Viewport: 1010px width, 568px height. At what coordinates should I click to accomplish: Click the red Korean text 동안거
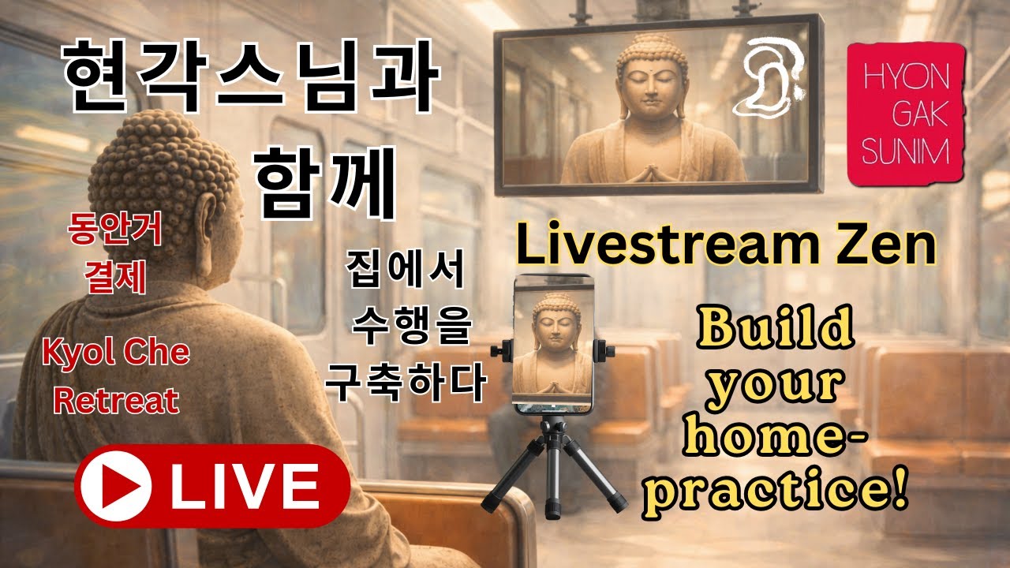tap(115, 234)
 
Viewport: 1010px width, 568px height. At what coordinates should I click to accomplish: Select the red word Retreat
tap(115, 401)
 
